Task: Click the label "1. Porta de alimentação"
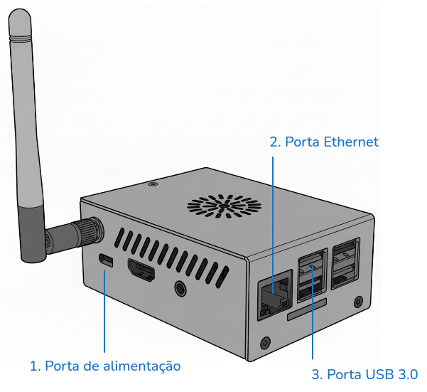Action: [x=105, y=366]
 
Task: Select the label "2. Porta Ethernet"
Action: [x=324, y=142]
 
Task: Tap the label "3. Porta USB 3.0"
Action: [x=364, y=374]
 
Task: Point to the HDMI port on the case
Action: [x=141, y=270]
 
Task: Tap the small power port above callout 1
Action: [x=106, y=260]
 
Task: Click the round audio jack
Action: [x=180, y=288]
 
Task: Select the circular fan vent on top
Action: [x=224, y=206]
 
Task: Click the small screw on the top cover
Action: [x=153, y=184]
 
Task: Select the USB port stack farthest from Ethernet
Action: [x=345, y=263]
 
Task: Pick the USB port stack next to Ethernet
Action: [x=312, y=275]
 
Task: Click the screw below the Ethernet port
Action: [x=266, y=343]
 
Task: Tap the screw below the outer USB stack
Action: [x=358, y=302]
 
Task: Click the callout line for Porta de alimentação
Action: [x=104, y=311]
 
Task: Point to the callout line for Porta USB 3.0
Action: [x=313, y=312]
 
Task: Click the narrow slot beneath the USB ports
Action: [x=307, y=309]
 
